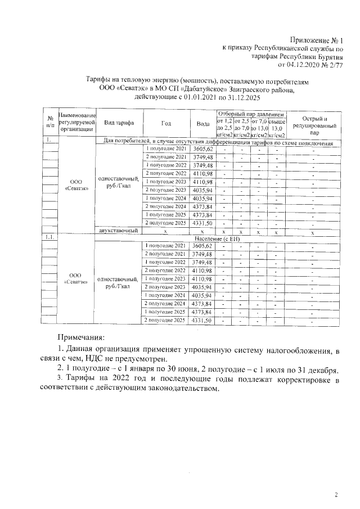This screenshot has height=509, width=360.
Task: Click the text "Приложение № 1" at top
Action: pyautogui.click(x=316, y=40)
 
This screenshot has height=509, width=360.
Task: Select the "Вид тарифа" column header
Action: pyautogui.click(x=118, y=123)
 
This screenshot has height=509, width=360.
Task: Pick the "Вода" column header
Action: pyautogui.click(x=202, y=123)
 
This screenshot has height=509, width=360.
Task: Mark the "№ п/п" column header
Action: pyautogui.click(x=50, y=123)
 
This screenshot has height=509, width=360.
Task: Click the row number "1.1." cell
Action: pyautogui.click(x=50, y=237)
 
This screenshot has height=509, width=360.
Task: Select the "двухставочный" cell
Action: pyautogui.click(x=118, y=231)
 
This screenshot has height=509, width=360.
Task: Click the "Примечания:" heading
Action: pyautogui.click(x=81, y=337)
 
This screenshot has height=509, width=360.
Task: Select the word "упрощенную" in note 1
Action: pyautogui.click(x=219, y=351)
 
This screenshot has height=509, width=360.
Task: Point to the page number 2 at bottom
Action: pyautogui.click(x=336, y=496)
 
